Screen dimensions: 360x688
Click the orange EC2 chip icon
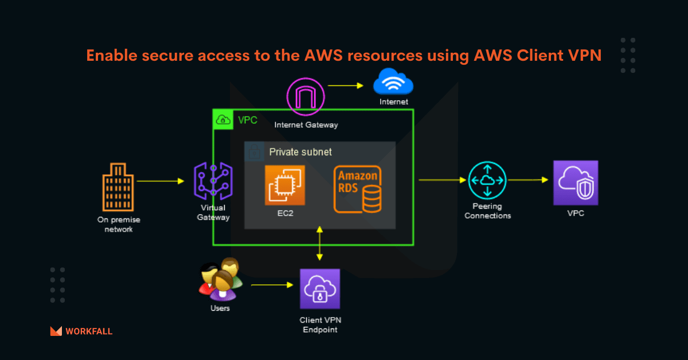tap(285, 185)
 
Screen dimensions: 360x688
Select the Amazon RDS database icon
tap(358, 190)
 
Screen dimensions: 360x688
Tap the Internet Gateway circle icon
tap(306, 96)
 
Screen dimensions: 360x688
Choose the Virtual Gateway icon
tap(213, 181)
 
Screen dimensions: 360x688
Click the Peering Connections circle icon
tap(487, 181)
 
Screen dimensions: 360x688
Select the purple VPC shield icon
tap(575, 183)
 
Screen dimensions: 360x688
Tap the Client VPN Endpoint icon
tap(320, 289)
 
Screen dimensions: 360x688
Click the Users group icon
tap(221, 279)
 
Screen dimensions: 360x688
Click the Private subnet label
tap(300, 152)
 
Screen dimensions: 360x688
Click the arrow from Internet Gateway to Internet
tap(346, 86)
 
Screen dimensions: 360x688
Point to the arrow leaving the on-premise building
tap(160, 181)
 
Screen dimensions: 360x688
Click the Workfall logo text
tap(89, 331)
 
